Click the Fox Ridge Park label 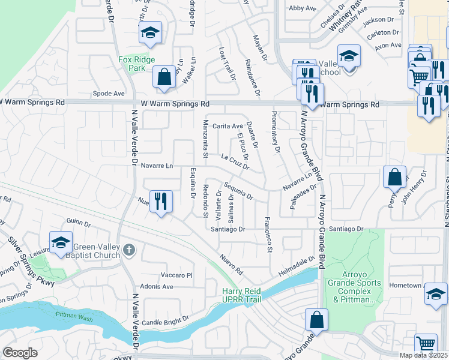(136, 64)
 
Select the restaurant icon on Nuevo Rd (160, 201)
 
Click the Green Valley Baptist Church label (97, 251)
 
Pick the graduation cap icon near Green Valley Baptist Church (61, 242)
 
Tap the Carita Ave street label (228, 126)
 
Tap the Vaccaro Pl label (176, 275)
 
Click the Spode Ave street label (109, 94)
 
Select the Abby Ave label (303, 8)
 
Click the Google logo (20, 352)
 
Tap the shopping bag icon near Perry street (395, 177)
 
